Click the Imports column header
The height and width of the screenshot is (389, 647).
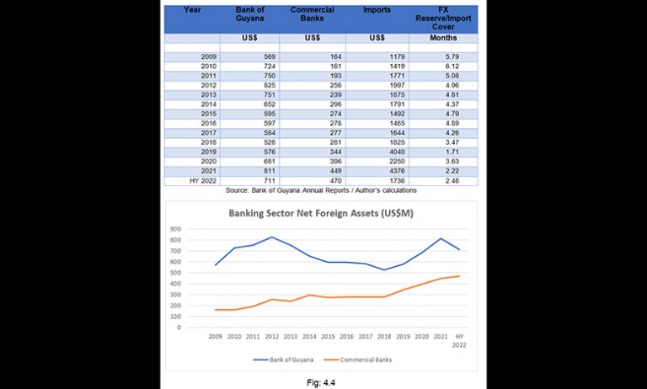point(377,10)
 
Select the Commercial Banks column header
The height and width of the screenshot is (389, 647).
point(313,14)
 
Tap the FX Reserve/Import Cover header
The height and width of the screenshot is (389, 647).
point(443,19)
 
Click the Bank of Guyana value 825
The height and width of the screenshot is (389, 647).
point(270,85)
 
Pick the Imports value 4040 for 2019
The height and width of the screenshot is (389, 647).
point(397,152)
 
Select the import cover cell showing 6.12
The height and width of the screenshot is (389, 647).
point(452,66)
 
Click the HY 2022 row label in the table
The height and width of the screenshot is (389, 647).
point(203,181)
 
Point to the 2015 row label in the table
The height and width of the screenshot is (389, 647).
point(209,114)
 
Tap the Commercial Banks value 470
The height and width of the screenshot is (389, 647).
point(335,181)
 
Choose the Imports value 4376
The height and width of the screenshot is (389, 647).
point(397,171)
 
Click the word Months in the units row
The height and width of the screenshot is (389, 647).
point(443,38)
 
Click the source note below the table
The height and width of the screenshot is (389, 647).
point(321,190)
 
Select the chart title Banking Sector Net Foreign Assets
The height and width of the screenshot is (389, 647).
point(321,213)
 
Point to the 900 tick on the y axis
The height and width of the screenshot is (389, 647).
point(175,229)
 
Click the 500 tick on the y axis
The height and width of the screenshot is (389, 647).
point(175,273)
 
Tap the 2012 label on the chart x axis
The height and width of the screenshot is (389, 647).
point(271,337)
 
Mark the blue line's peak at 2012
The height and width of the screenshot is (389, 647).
point(271,237)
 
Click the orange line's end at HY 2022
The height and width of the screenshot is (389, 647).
point(459,276)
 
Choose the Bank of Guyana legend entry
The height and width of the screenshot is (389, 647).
point(283,360)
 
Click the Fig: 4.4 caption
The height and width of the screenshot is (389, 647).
point(321,383)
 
